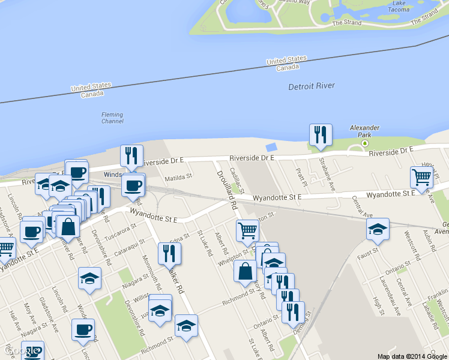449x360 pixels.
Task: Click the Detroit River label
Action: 312,86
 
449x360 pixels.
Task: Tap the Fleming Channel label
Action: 112,118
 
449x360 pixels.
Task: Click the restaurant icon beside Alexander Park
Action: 321,134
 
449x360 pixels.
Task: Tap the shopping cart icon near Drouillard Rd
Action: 247,230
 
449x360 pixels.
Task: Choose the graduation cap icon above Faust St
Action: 378,229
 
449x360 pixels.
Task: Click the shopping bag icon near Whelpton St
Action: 245,271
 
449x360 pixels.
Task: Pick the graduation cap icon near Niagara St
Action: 89,278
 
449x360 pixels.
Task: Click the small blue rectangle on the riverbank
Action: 271,147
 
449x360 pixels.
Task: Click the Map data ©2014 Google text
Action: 412,356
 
